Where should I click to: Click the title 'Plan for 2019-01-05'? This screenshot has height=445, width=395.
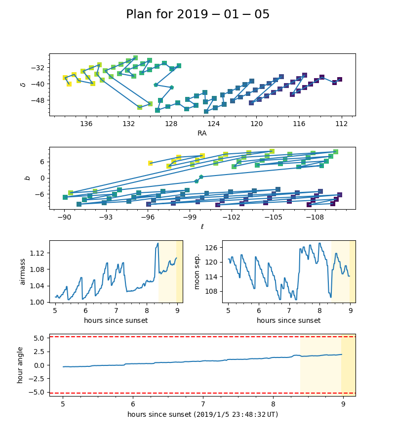click(x=197, y=14)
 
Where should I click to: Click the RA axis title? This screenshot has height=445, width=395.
click(x=202, y=133)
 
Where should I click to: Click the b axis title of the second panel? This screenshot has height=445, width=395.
click(x=28, y=178)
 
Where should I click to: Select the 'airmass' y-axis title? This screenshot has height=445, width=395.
click(x=23, y=271)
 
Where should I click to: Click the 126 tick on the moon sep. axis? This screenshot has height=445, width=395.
click(x=214, y=247)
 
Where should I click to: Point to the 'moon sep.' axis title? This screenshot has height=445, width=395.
click(x=197, y=271)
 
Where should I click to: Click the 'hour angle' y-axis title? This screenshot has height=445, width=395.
click(x=20, y=365)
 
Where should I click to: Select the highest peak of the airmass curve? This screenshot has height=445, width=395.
click(x=158, y=243)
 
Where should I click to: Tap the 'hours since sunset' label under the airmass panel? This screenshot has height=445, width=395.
click(x=116, y=320)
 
